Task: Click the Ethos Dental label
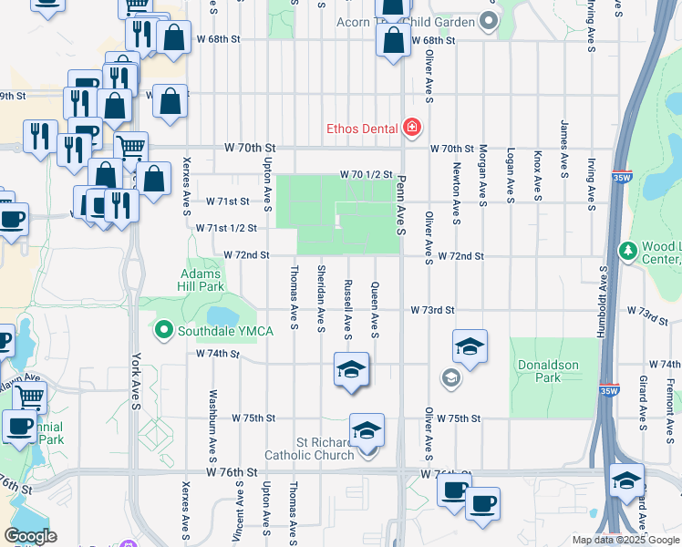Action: point(363,127)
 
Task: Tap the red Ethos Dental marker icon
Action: point(411,127)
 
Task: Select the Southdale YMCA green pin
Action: point(164,330)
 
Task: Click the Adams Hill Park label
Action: point(201,279)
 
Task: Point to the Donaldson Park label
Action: point(548,371)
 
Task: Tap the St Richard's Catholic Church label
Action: point(309,448)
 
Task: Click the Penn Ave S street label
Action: point(401,201)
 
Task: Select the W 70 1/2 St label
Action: point(366,173)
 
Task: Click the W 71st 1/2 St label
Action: point(226,228)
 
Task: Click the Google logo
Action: point(31,536)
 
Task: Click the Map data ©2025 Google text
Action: point(626,540)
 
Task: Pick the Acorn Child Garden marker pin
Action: point(489,21)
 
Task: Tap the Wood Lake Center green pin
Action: point(626,250)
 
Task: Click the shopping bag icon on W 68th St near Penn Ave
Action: point(393,41)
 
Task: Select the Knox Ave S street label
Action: point(538,176)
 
